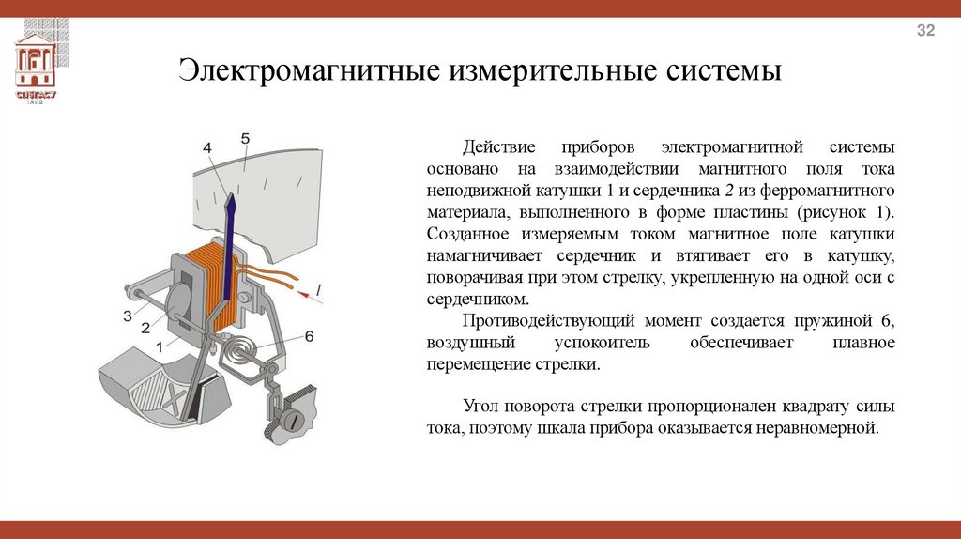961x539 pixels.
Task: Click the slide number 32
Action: click(926, 32)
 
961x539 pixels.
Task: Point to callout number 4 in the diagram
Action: click(207, 148)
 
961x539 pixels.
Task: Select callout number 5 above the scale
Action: click(245, 139)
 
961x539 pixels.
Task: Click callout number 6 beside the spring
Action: click(309, 336)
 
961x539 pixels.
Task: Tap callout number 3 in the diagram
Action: click(127, 316)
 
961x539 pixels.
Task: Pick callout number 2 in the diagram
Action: click(145, 328)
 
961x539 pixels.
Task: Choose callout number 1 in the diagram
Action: click(160, 346)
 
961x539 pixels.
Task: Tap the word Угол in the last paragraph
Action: click(481, 407)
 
